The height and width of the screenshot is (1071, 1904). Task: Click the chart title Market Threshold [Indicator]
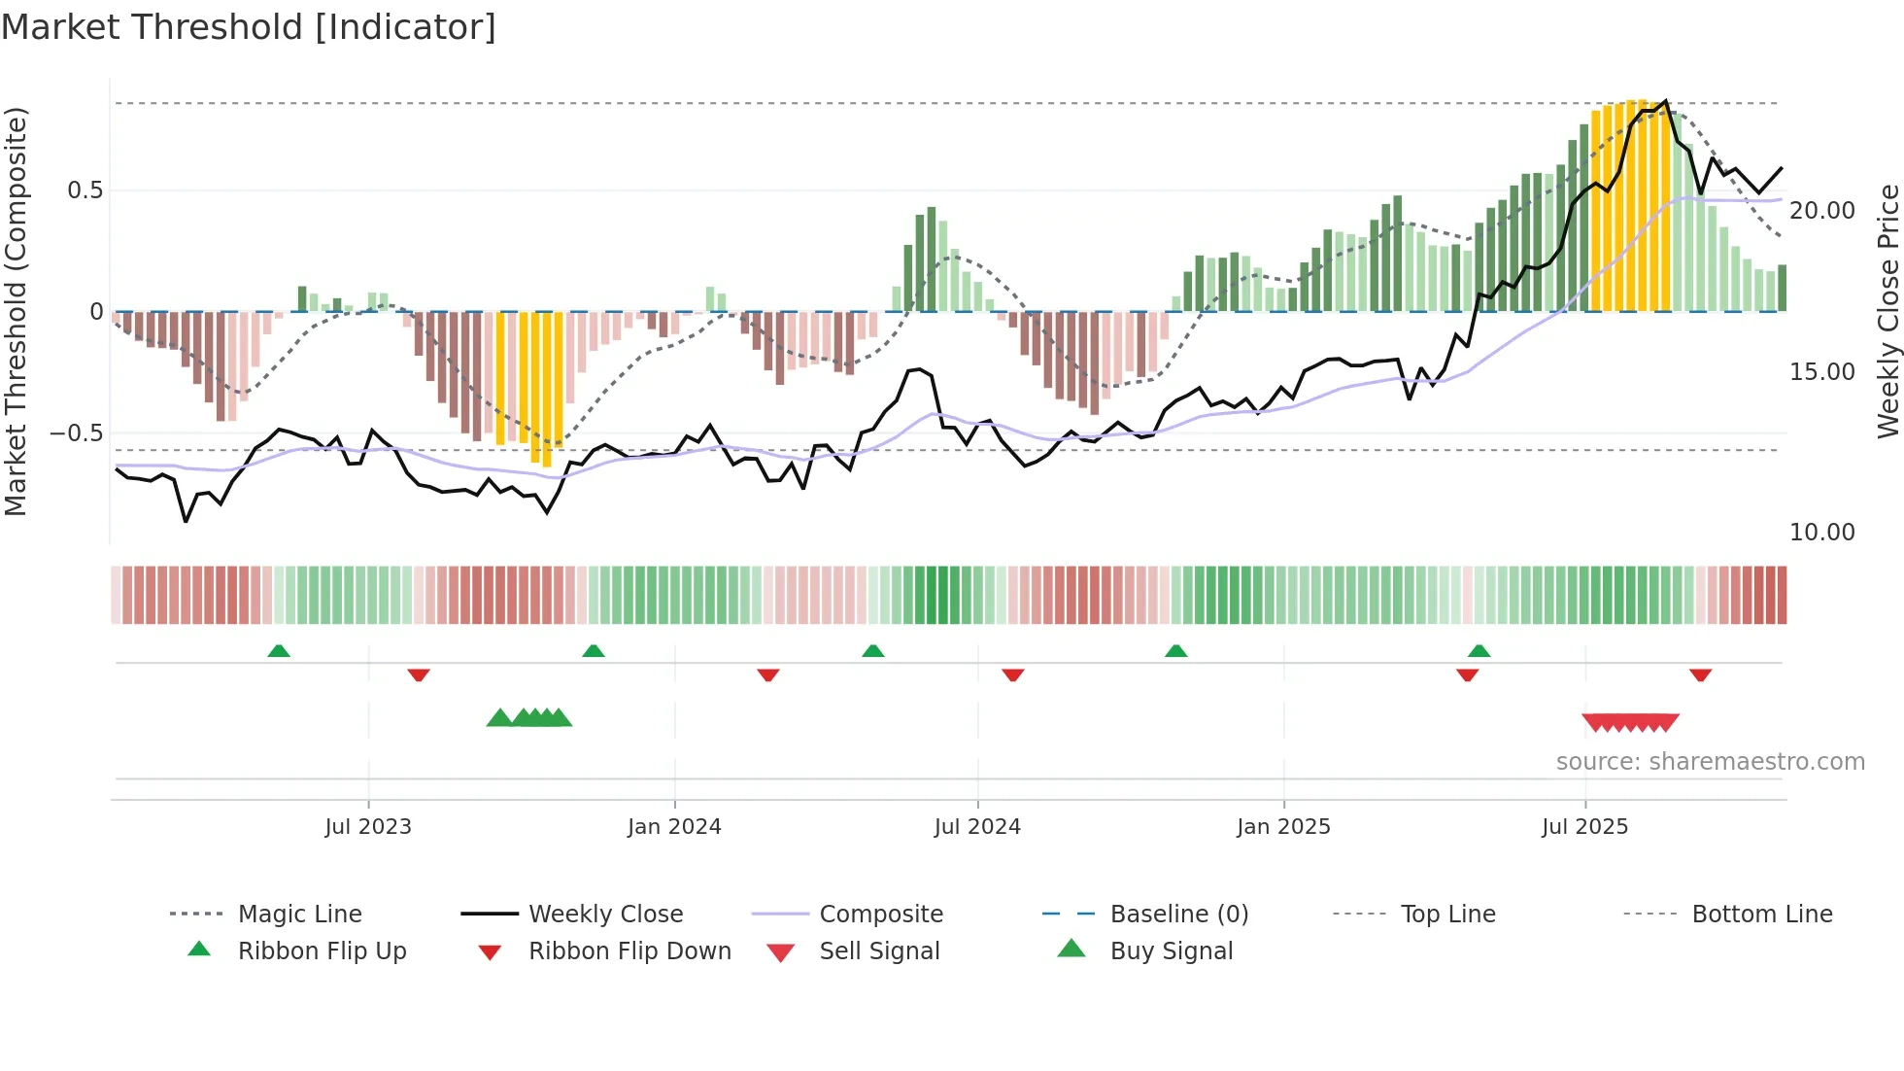[249, 27]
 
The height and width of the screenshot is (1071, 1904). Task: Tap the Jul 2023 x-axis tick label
[368, 827]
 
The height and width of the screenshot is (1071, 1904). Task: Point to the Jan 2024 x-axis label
[674, 827]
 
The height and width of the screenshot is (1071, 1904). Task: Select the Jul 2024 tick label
[977, 827]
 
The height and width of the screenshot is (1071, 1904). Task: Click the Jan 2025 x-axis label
[1283, 827]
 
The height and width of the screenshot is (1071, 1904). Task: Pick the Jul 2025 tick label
[1584, 827]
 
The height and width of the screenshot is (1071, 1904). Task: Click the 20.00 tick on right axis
[1821, 211]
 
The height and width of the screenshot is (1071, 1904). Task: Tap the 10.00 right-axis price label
[1821, 533]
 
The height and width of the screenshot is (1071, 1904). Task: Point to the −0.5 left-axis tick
[77, 433]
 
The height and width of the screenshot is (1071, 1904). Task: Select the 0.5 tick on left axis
[85, 190]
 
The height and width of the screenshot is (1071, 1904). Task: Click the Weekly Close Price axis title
[1887, 311]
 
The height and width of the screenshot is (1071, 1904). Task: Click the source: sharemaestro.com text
[1710, 762]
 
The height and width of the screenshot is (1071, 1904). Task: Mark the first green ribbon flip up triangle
[279, 651]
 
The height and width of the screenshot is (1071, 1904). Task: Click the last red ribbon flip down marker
[1700, 674]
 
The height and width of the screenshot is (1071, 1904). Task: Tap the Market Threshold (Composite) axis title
[17, 311]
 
